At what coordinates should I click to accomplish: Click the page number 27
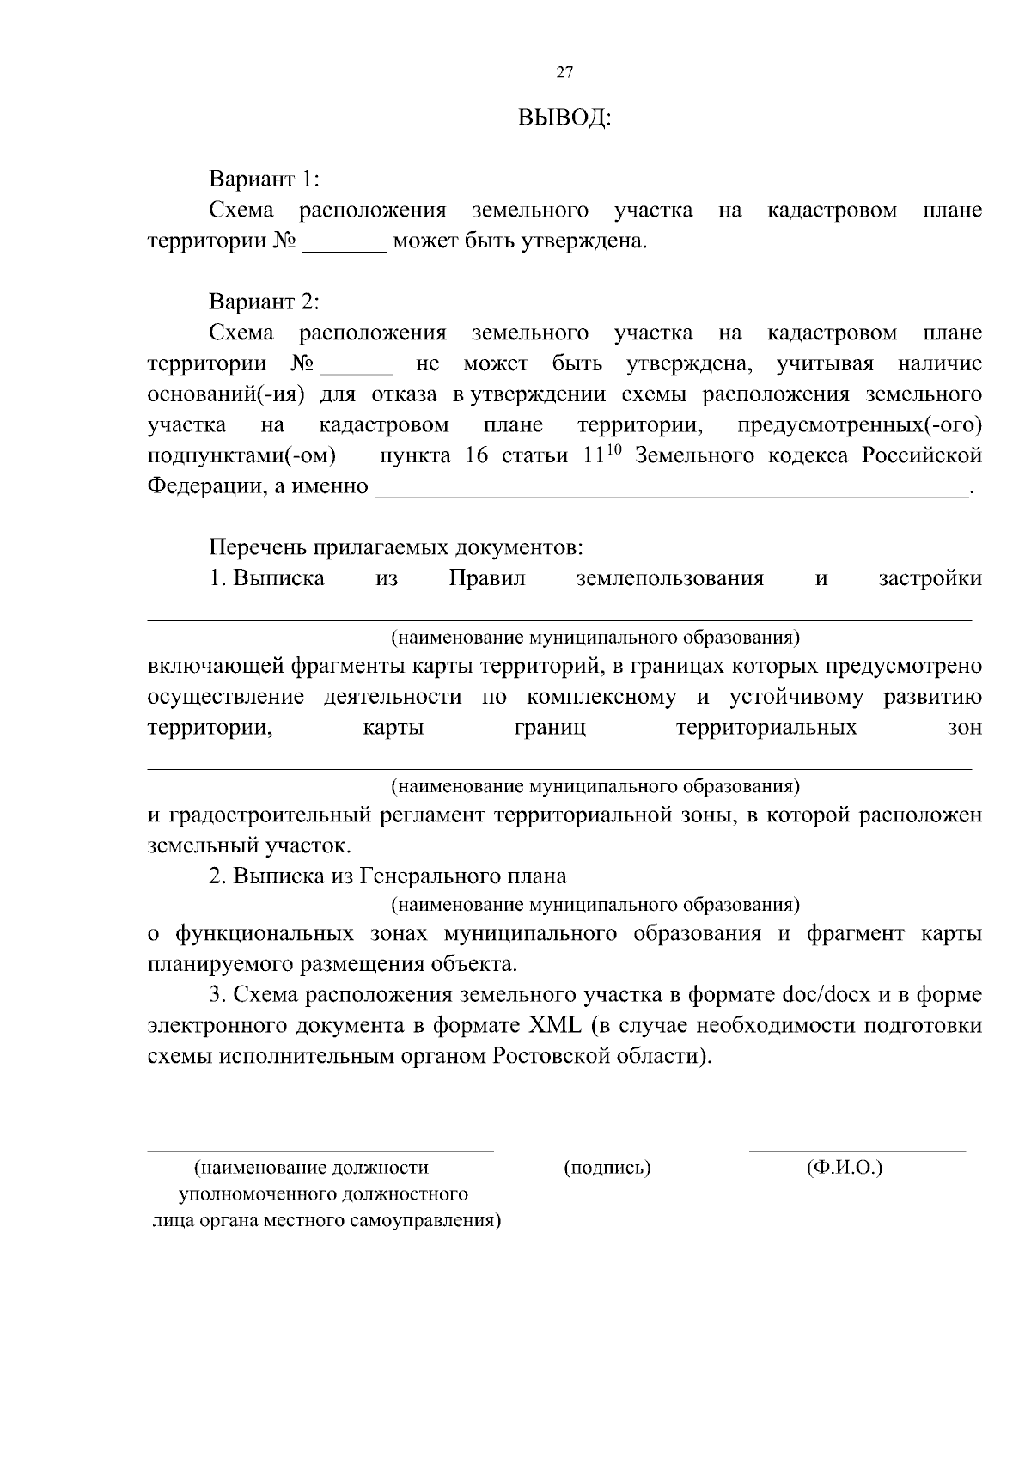point(564,72)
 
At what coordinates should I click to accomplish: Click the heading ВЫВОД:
point(564,118)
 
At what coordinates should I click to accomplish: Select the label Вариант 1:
point(264,180)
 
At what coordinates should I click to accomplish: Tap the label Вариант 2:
point(264,302)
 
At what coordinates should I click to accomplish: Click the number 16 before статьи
point(476,455)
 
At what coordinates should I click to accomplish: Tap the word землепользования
point(669,578)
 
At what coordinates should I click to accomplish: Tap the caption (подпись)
point(607,1168)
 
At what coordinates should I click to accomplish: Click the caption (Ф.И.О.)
point(845,1168)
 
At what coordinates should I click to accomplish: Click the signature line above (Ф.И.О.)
point(857,1151)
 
